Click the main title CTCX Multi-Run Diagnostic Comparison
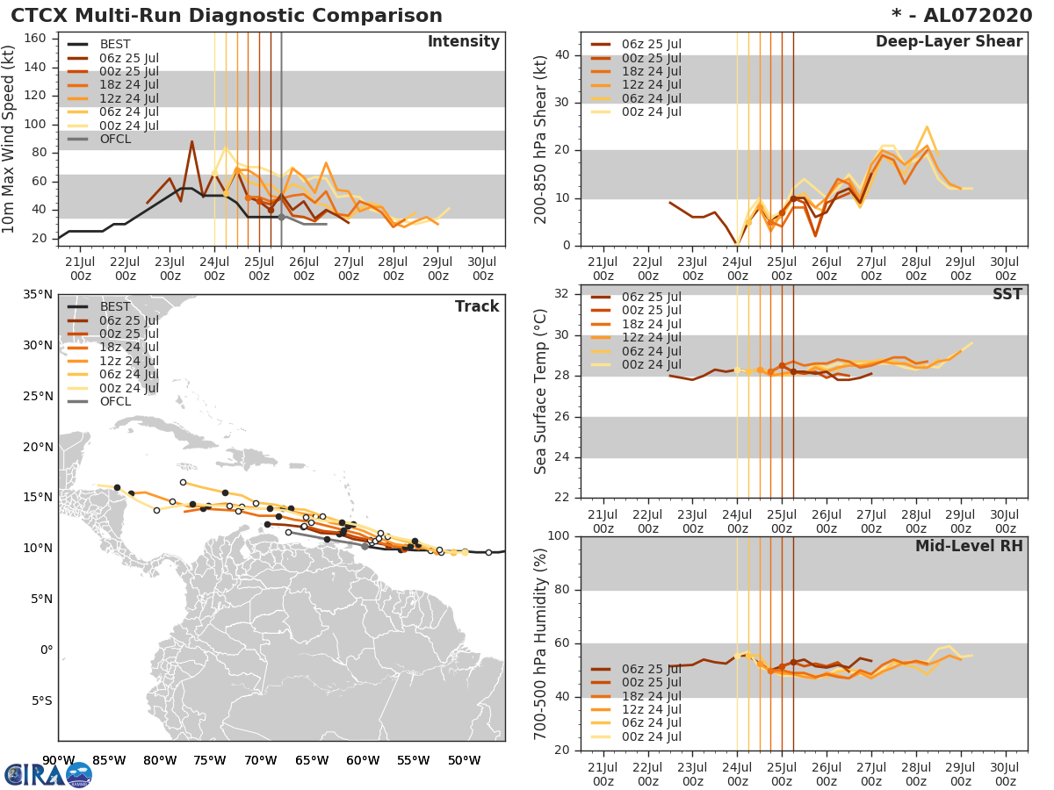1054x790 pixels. tap(227, 16)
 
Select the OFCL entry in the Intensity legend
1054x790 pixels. tap(116, 139)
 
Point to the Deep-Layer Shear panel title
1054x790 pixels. tap(949, 42)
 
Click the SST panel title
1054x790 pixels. tap(1007, 294)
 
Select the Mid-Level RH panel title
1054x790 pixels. tap(968, 546)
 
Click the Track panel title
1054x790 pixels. tap(477, 306)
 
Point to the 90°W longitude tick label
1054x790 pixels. tap(58, 760)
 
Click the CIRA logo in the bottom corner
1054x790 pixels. tap(48, 774)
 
